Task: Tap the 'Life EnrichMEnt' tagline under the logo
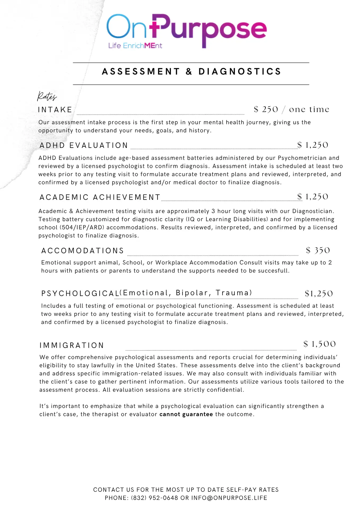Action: (135, 46)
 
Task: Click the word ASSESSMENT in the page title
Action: (141, 72)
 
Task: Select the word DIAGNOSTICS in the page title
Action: (240, 72)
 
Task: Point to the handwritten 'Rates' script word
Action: (47, 96)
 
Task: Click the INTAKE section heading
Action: (55, 110)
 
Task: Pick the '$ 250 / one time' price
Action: (291, 109)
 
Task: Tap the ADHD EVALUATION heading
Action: (84, 145)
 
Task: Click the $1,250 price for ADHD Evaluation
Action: (313, 145)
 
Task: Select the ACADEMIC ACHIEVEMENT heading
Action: (100, 197)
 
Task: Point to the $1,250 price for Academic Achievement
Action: (313, 197)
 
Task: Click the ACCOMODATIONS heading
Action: (83, 251)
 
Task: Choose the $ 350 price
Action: (318, 250)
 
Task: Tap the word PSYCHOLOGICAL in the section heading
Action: (80, 293)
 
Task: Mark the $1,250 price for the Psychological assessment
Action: (319, 293)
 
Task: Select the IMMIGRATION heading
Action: (72, 345)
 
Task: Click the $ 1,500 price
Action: (319, 344)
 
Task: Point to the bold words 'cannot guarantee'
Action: (186, 414)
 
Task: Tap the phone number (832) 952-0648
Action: (155, 498)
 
